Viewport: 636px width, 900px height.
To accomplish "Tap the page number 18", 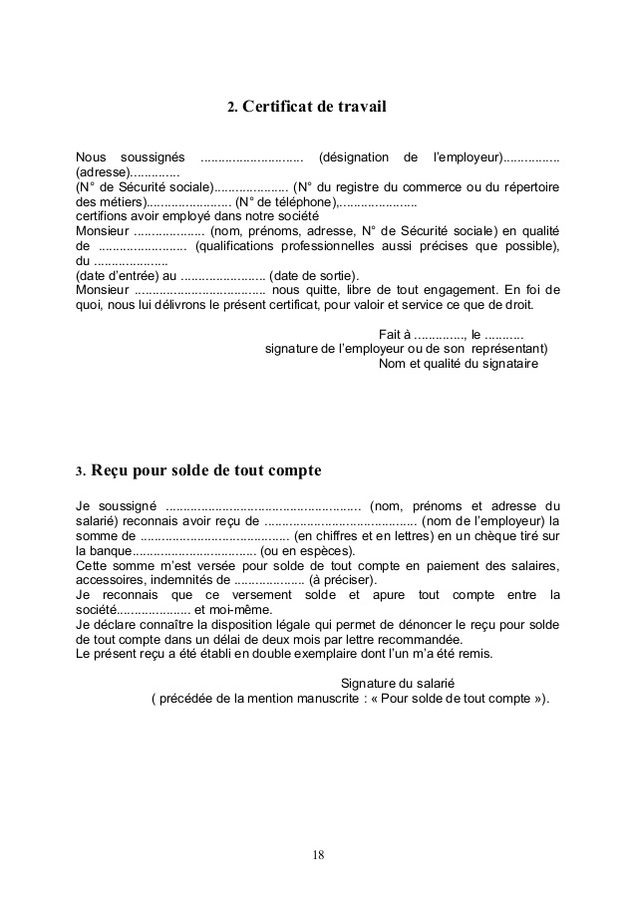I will (x=318, y=854).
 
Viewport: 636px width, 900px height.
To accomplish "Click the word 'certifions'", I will (x=104, y=216).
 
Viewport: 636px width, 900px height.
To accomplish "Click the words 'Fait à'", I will (x=396, y=334).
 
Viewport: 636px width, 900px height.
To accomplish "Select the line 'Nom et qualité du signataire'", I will (x=459, y=364).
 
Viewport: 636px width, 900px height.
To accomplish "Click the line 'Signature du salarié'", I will (x=397, y=683).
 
